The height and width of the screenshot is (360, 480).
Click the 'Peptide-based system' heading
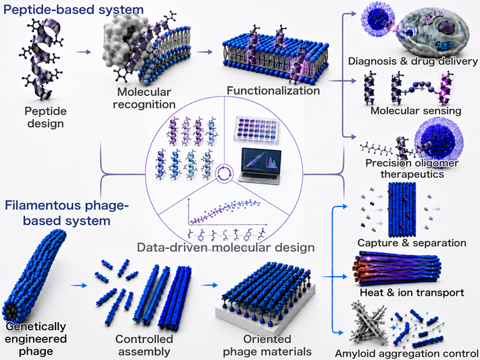(x=73, y=9)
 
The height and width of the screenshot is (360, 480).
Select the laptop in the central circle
(x=260, y=166)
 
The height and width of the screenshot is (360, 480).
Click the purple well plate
(x=256, y=130)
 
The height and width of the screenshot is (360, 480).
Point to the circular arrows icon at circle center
(x=222, y=173)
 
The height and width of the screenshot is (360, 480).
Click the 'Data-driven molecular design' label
(x=226, y=247)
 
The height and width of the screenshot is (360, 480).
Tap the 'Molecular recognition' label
(x=144, y=98)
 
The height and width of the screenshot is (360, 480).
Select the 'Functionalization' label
(x=273, y=91)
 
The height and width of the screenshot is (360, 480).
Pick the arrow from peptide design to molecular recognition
(x=84, y=52)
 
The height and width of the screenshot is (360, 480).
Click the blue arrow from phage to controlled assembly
(x=78, y=286)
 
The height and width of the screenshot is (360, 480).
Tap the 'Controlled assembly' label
(x=144, y=345)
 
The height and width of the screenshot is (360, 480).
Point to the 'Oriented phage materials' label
(x=267, y=345)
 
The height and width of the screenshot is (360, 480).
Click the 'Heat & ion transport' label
(x=412, y=292)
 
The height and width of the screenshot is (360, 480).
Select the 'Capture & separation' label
(x=412, y=243)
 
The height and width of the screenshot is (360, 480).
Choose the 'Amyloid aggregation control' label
(x=408, y=353)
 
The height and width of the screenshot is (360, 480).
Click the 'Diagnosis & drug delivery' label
(x=413, y=61)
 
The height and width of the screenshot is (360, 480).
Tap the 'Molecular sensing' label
(x=416, y=110)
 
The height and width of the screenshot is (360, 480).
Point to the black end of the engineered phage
(x=11, y=313)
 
